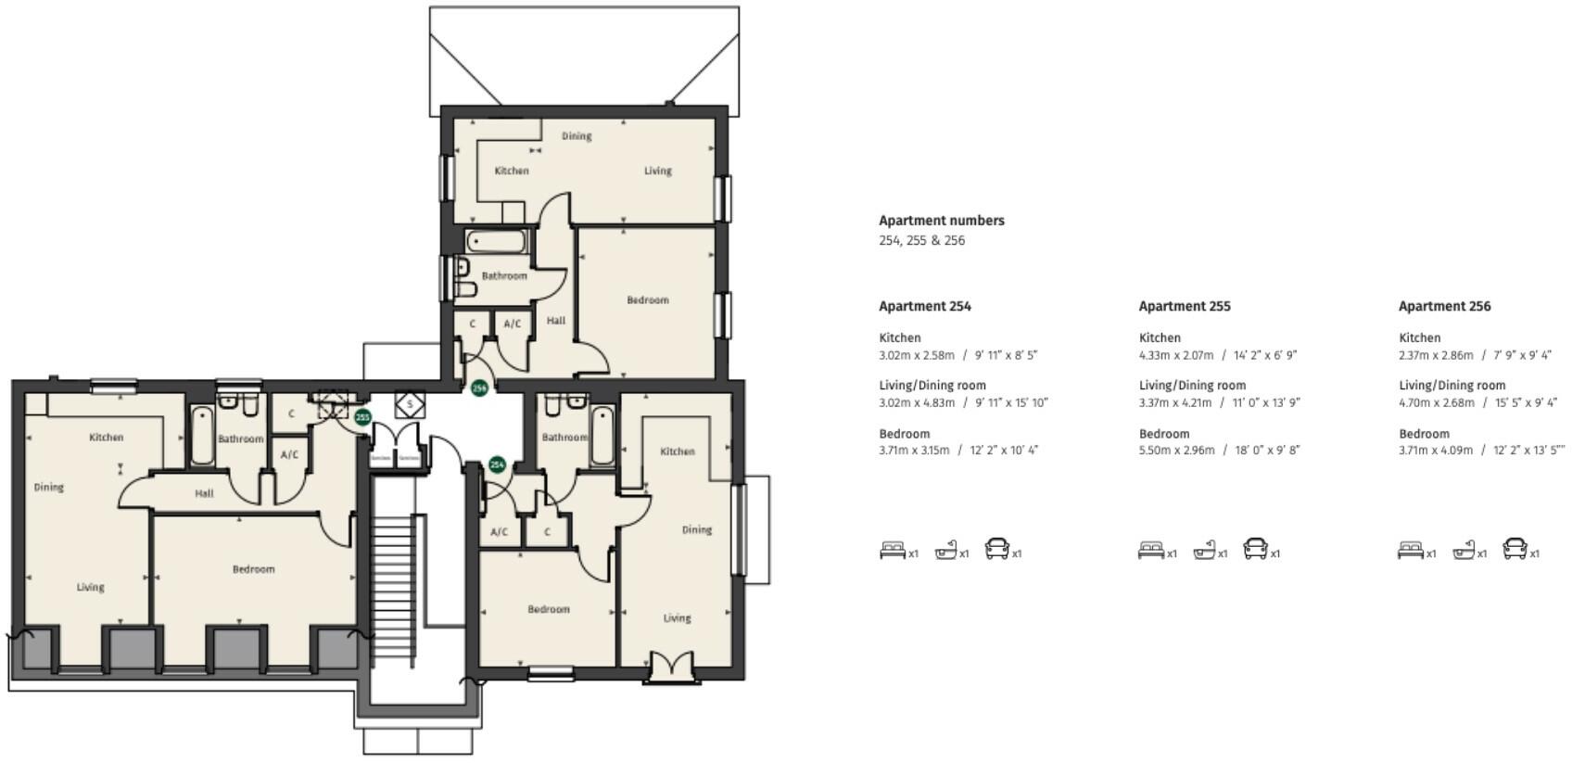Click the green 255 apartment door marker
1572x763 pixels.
tap(363, 418)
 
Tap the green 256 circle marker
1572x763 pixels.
tap(479, 388)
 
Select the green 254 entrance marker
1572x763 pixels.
tap(497, 464)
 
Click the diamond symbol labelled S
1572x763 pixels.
tap(410, 405)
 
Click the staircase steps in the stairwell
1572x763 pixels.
tap(392, 575)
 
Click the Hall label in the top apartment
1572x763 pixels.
tap(555, 321)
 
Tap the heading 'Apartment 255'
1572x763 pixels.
tap(1184, 306)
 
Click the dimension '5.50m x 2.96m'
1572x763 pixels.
tap(1176, 451)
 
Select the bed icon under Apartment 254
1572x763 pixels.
tap(892, 551)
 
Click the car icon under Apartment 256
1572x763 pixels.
tap(1514, 549)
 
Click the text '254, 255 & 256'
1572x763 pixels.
tap(921, 240)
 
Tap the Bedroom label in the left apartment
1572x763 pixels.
tap(253, 569)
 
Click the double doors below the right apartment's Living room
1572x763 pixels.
tap(672, 668)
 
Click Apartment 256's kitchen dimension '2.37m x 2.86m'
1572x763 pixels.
tap(1436, 355)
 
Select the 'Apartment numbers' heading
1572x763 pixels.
tap(941, 221)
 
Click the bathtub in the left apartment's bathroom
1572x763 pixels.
tap(202, 435)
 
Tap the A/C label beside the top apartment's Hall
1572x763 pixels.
tap(513, 324)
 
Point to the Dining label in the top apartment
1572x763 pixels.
tap(576, 136)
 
